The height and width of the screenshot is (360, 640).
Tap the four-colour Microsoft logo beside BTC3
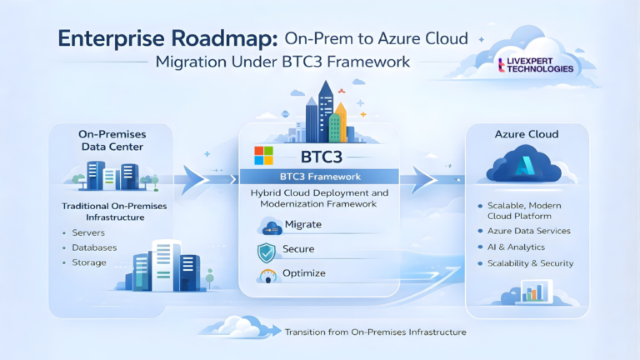click(x=263, y=156)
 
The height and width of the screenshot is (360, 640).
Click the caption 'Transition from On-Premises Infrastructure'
click(x=375, y=332)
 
